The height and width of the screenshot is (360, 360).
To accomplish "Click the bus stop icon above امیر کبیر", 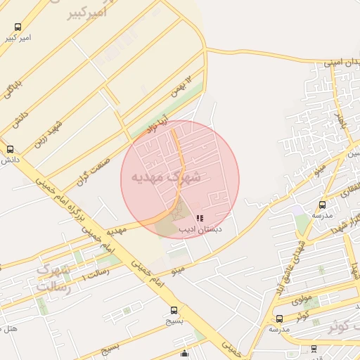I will tap(18, 27).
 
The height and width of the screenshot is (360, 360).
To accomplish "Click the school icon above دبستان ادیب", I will tap(200, 218).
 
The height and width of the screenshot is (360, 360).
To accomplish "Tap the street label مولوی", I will tap(302, 298).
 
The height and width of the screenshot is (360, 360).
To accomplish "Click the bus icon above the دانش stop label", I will tap(10, 150).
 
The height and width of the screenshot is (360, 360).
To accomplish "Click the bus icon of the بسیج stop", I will tap(174, 310).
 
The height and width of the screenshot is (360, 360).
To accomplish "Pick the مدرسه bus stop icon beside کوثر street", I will tap(279, 319).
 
